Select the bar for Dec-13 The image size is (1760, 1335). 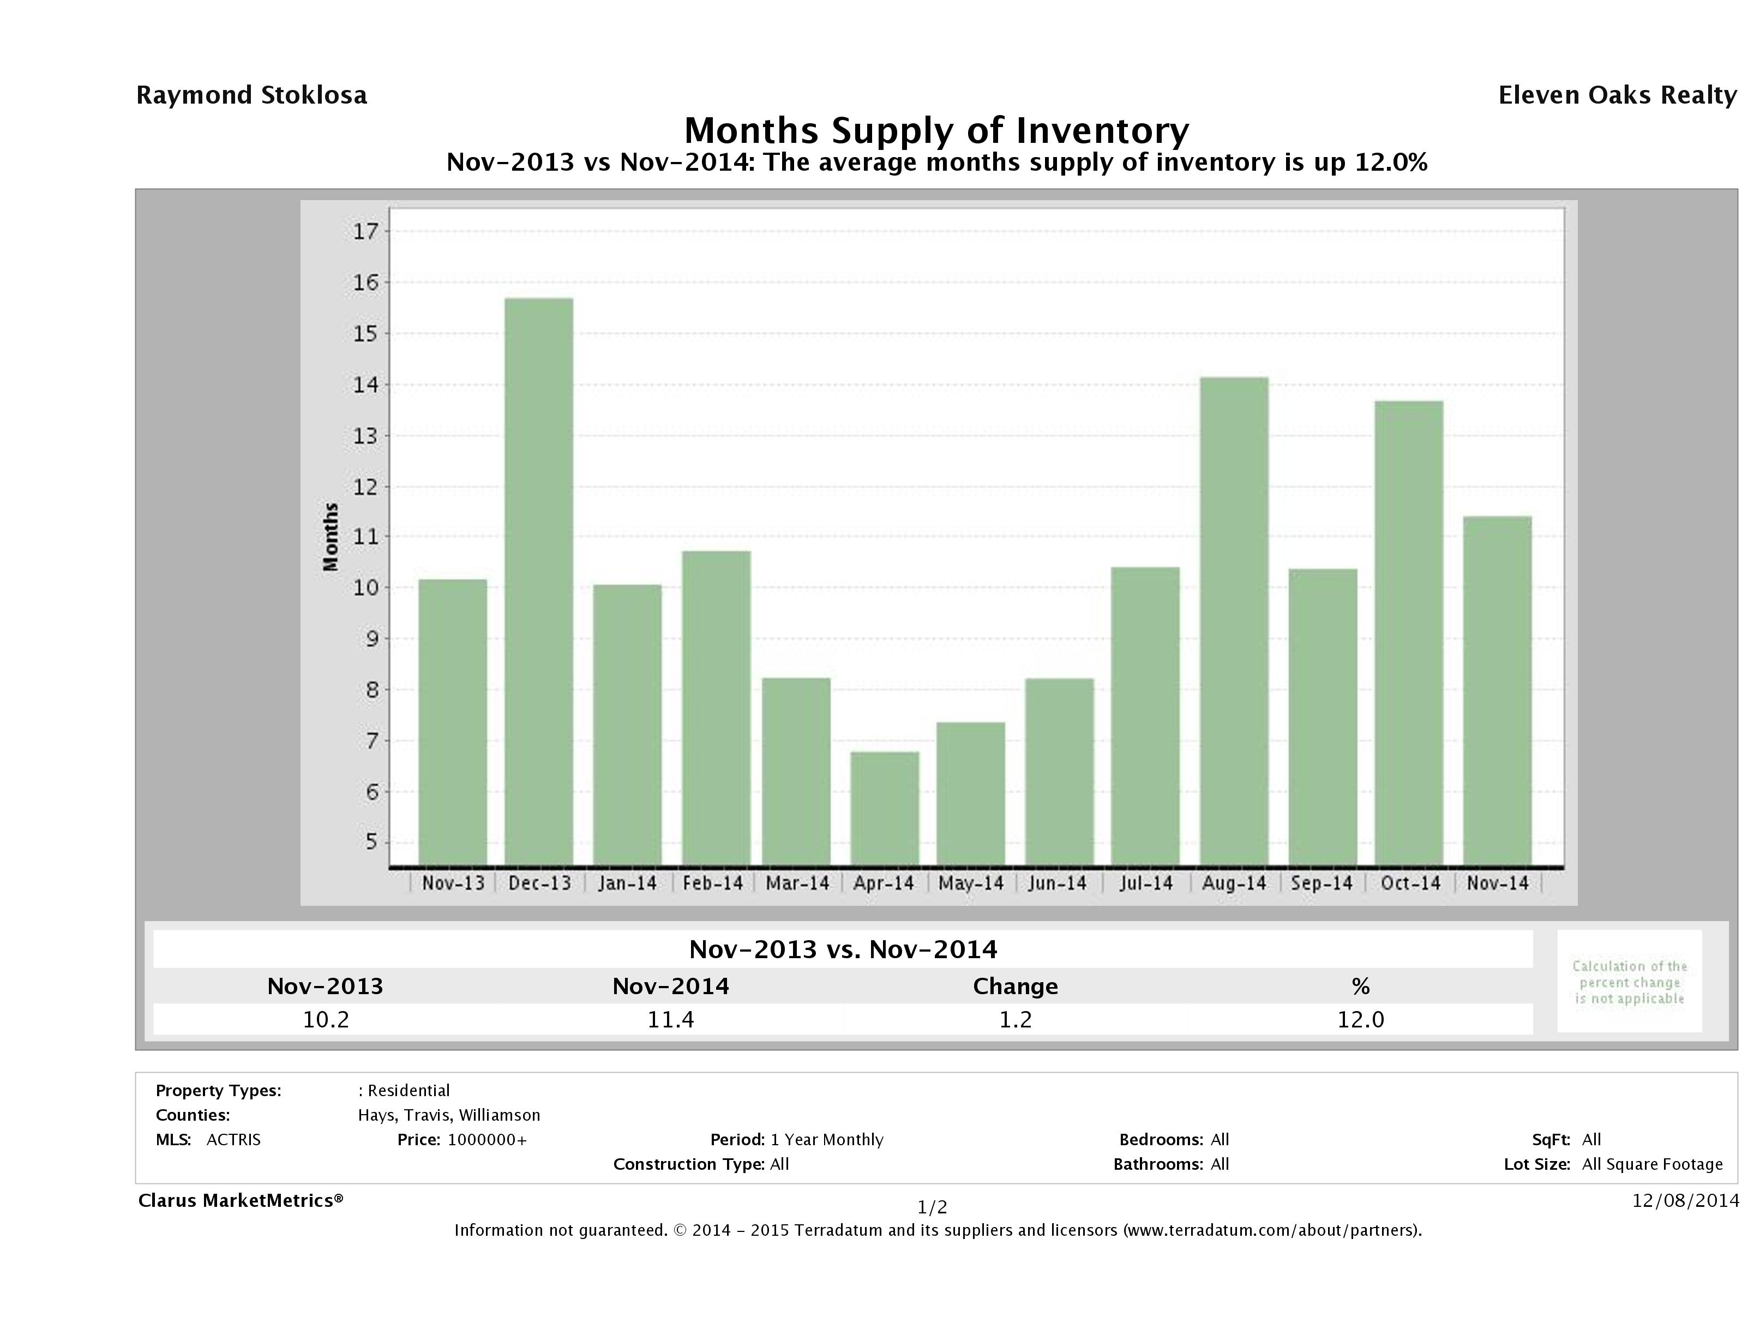click(539, 581)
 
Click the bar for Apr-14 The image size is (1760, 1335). click(884, 808)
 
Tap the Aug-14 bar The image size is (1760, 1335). click(1234, 621)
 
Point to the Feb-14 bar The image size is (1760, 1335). click(716, 708)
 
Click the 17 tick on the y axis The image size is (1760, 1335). click(366, 232)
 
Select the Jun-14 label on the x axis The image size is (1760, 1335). click(1056, 883)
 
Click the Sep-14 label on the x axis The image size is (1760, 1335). click(1321, 883)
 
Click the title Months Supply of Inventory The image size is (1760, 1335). click(936, 130)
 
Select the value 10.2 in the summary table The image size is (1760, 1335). click(326, 1019)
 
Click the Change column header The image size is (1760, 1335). click(1016, 987)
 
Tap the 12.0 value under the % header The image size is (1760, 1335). click(1361, 1019)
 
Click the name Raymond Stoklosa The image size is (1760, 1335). click(251, 95)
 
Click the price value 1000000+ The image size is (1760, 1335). click(487, 1139)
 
